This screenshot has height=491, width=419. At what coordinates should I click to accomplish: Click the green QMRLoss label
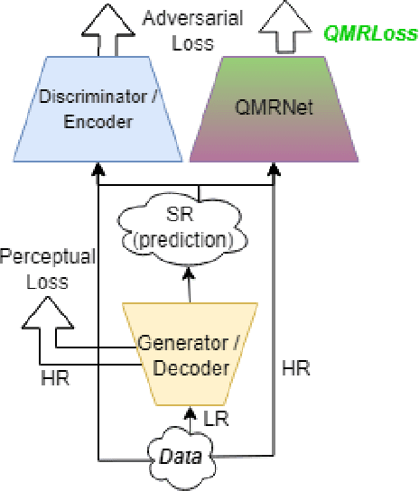tap(371, 34)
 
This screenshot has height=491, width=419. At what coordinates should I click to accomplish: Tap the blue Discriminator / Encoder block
tap(97, 108)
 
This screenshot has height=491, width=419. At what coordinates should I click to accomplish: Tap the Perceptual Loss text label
tap(47, 267)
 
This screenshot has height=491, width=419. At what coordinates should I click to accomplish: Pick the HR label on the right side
tap(296, 368)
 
